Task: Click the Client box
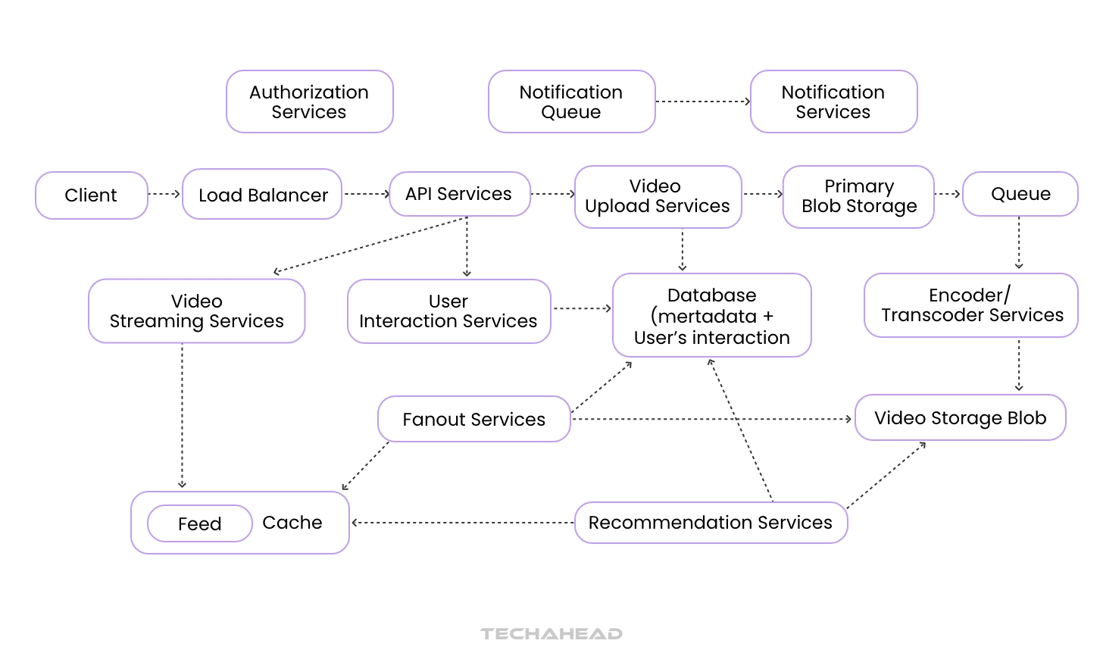click(91, 195)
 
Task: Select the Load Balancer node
click(262, 195)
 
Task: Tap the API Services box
click(459, 194)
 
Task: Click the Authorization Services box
click(309, 102)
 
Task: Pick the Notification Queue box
click(571, 102)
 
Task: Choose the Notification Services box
click(833, 102)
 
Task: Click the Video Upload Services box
click(658, 196)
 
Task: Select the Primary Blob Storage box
click(858, 196)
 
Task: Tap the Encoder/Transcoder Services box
click(971, 305)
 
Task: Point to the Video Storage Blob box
click(960, 417)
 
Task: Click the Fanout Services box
click(473, 419)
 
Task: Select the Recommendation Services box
click(710, 523)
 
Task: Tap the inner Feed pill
click(199, 523)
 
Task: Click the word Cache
click(292, 523)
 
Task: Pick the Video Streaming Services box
click(196, 311)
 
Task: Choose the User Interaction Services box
click(448, 311)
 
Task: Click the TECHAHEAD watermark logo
click(551, 633)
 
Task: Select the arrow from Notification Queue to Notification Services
click(702, 102)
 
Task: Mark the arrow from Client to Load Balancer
click(164, 194)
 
